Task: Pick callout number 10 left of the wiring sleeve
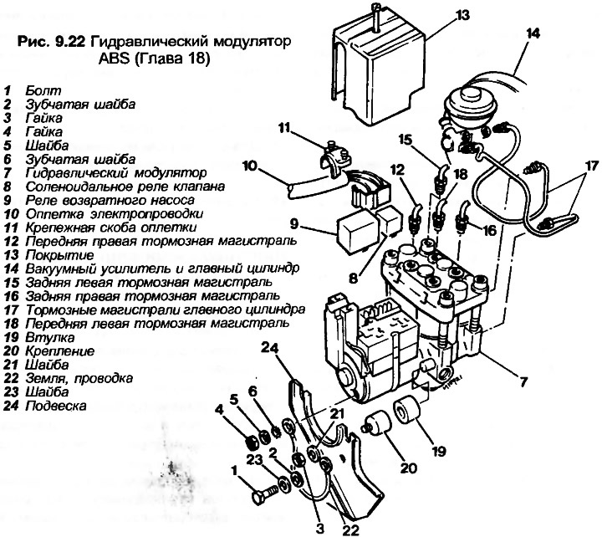pos(250,166)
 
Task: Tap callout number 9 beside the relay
pos(294,224)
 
